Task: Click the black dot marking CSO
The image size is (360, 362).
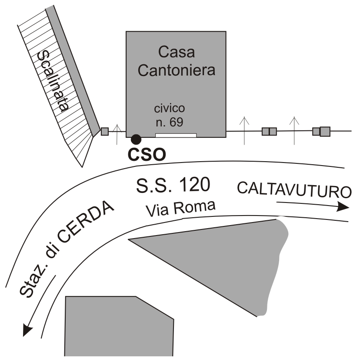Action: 136,139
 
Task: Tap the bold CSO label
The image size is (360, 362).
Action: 147,154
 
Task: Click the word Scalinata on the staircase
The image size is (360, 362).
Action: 54,81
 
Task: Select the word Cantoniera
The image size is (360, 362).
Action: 176,70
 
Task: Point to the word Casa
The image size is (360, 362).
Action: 176,53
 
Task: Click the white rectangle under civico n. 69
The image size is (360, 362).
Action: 176,135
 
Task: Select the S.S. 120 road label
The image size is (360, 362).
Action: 173,186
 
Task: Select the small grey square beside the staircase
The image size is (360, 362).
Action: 104,131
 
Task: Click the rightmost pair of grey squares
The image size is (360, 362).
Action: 321,131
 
